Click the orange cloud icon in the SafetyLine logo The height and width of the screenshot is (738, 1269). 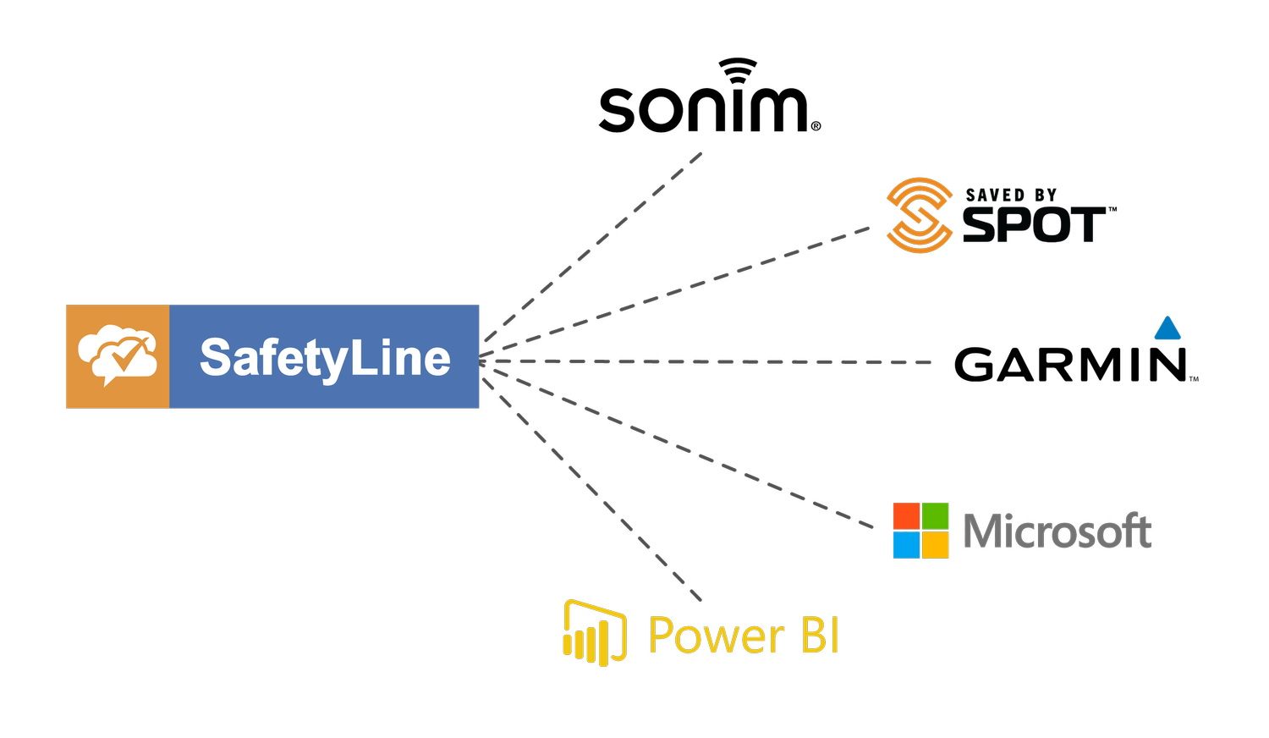tap(118, 356)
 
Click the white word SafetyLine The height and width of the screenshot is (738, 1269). tap(325, 358)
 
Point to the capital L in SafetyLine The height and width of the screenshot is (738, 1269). tap(360, 357)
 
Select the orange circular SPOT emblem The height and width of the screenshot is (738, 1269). tap(919, 216)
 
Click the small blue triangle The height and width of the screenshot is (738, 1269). tap(1167, 328)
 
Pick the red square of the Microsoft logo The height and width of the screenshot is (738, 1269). tap(906, 516)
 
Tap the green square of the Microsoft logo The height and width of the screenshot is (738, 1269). tap(935, 516)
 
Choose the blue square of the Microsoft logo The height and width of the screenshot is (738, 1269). tap(906, 545)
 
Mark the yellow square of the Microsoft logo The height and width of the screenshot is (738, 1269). tap(935, 545)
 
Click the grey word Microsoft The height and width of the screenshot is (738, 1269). tap(1057, 531)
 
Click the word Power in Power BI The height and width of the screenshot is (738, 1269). tap(716, 636)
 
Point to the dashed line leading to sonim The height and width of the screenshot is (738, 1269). tap(592, 245)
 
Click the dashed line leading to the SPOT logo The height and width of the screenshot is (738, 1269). tap(677, 292)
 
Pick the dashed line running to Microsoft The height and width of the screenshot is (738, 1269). tap(677, 449)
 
